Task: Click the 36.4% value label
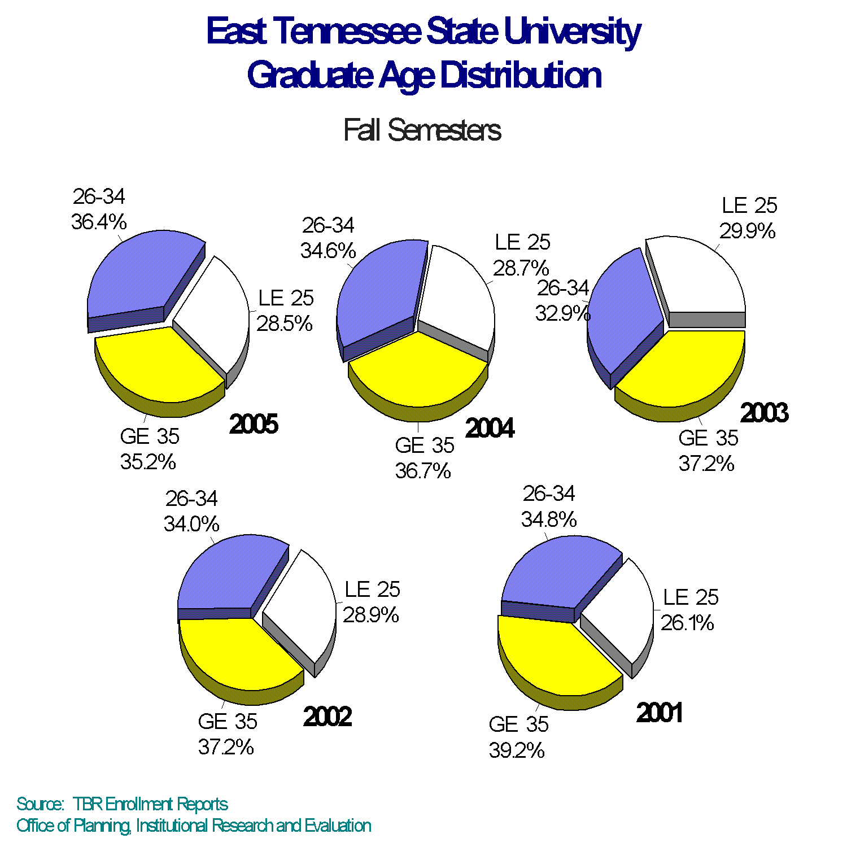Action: (x=99, y=222)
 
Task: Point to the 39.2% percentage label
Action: (x=517, y=750)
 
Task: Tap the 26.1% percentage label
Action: (x=687, y=623)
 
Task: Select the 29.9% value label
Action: (x=747, y=231)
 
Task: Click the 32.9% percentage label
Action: (x=562, y=313)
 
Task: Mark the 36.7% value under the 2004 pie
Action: (x=423, y=470)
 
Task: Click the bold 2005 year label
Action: (x=254, y=424)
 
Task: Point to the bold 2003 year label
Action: (x=764, y=413)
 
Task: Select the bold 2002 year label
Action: (x=328, y=717)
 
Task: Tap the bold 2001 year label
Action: (x=660, y=713)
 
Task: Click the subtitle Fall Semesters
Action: (x=422, y=130)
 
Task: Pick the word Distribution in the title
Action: (x=521, y=75)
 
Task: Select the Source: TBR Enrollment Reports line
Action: (x=122, y=804)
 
